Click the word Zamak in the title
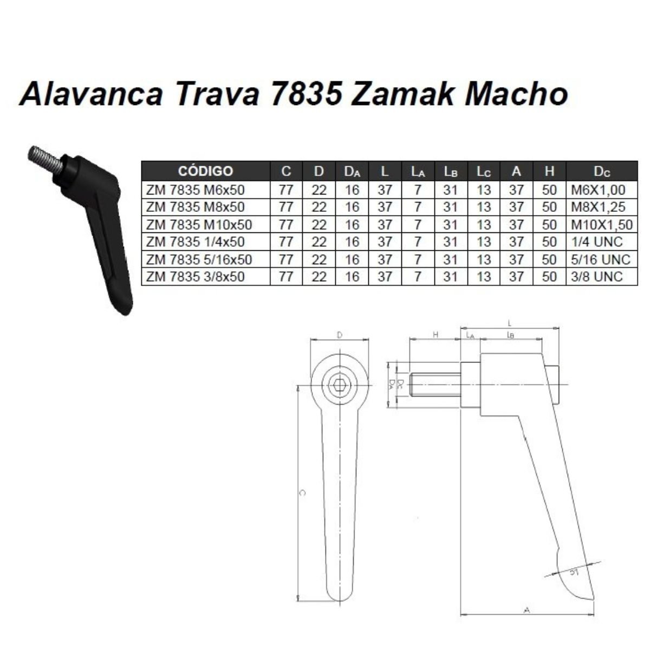[x=403, y=95]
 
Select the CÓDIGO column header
[x=205, y=171]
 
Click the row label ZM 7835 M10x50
[x=199, y=225]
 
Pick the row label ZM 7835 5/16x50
[x=199, y=259]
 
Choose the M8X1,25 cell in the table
[x=598, y=207]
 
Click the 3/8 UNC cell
[x=596, y=277]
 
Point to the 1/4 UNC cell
[x=596, y=242]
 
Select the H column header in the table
[x=549, y=171]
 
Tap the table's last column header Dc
[x=602, y=172]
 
